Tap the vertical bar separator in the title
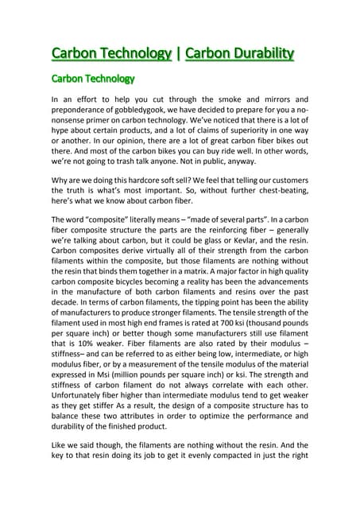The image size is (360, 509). click(178, 54)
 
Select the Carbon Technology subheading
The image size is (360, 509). click(92, 79)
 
